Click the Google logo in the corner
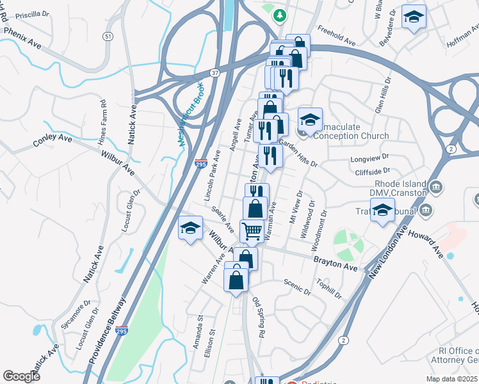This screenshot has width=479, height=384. tap(21, 376)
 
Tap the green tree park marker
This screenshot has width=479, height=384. tap(279, 14)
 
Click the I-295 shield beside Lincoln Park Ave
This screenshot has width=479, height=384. tap(200, 164)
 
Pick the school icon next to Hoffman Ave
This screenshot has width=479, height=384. tap(414, 17)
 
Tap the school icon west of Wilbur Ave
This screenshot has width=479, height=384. tap(190, 228)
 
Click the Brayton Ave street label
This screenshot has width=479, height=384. tap(335, 262)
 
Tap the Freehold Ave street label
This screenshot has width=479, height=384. tap(337, 37)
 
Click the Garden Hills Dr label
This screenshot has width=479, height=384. tap(298, 154)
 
